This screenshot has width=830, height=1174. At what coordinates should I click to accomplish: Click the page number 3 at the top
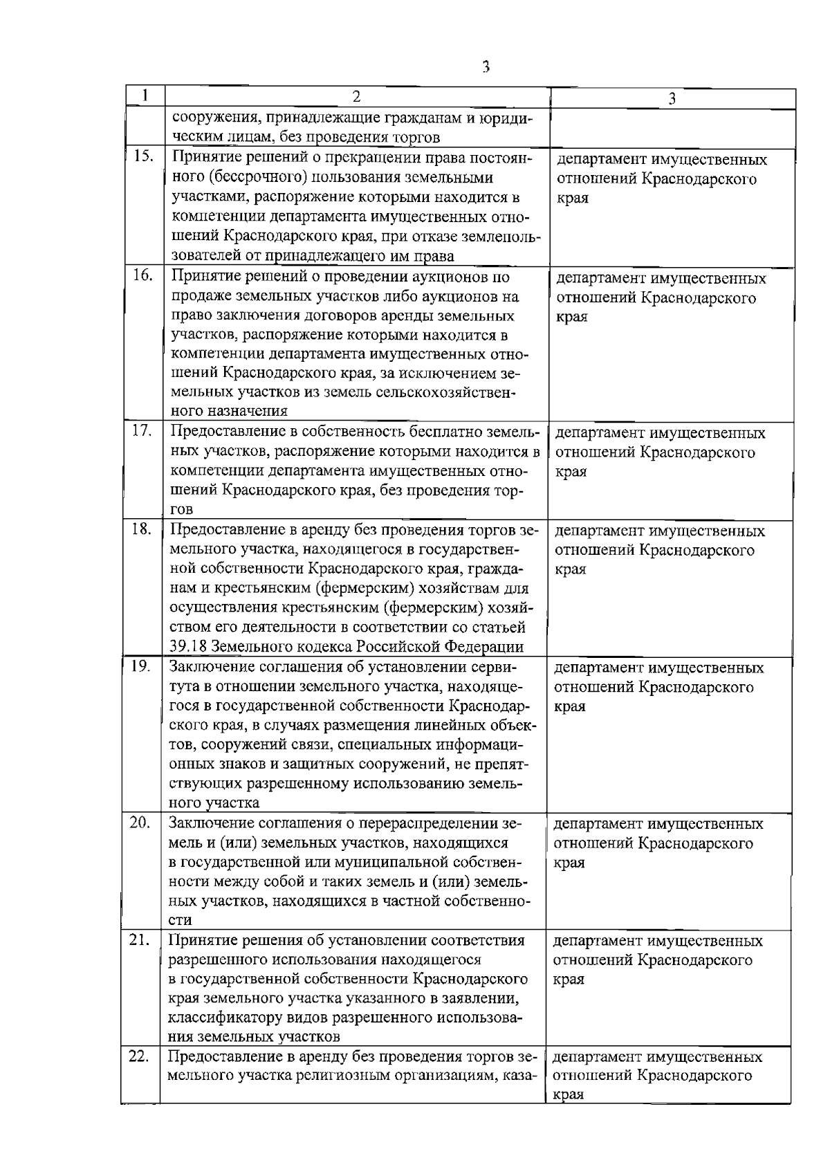coord(486,67)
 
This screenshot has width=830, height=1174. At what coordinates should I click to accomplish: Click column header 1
coord(145,95)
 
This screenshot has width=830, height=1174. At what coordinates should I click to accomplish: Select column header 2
coord(356,96)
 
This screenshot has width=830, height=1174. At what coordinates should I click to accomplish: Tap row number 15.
coord(143,157)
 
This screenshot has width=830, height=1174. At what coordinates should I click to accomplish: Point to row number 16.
coord(142,276)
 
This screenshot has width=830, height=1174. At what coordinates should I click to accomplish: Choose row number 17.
coord(142,431)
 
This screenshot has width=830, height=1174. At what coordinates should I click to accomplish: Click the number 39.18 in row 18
coord(187,648)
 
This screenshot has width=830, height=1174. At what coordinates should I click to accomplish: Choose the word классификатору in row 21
coord(234,1018)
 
